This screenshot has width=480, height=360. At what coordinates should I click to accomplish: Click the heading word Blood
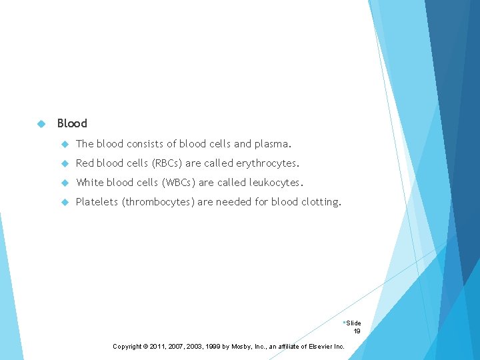[x=72, y=123]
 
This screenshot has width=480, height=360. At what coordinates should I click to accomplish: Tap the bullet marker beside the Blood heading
[x=41, y=123]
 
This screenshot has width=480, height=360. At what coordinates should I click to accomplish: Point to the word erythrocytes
[x=267, y=163]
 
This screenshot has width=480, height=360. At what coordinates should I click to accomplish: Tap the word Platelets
[x=96, y=201]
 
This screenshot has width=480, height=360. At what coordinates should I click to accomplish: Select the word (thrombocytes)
[x=157, y=201]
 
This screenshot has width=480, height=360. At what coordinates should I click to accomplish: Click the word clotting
[x=320, y=201]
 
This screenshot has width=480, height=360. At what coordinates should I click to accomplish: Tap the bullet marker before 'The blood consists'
[x=65, y=143]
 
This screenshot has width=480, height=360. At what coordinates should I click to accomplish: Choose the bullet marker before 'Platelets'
[x=65, y=201]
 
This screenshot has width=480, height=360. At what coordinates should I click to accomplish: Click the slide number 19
[x=357, y=331]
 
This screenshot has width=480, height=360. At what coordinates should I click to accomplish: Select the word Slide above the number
[x=353, y=323]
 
